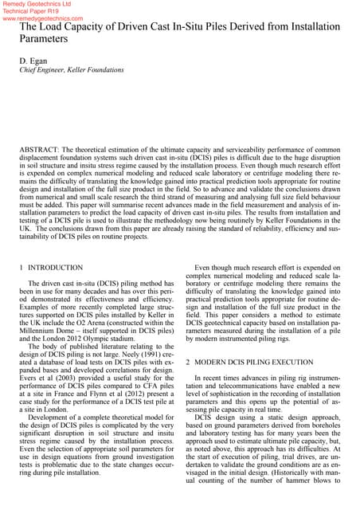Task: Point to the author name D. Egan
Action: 32,61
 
